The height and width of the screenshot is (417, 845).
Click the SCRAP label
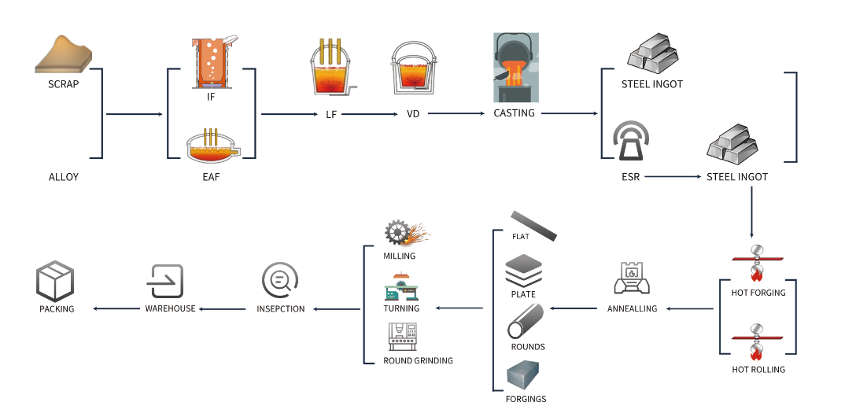click(64, 84)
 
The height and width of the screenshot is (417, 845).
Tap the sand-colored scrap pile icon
click(63, 54)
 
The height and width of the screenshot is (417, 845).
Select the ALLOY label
click(64, 177)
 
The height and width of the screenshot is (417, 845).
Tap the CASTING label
click(514, 113)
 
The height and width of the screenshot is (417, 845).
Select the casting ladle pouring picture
click(515, 68)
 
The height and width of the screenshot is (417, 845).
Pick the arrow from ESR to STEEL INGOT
click(673, 177)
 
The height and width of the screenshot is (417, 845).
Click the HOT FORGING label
click(758, 293)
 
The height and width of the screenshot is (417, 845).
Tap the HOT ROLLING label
click(758, 370)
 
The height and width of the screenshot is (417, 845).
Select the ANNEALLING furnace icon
click(633, 279)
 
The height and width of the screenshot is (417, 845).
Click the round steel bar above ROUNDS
click(525, 322)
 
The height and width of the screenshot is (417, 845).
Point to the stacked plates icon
click(523, 271)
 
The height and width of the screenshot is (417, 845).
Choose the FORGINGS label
click(526, 399)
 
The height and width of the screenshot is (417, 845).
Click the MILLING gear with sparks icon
click(407, 233)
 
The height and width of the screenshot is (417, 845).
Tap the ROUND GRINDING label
click(419, 360)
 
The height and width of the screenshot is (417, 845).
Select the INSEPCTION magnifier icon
click(280, 280)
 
